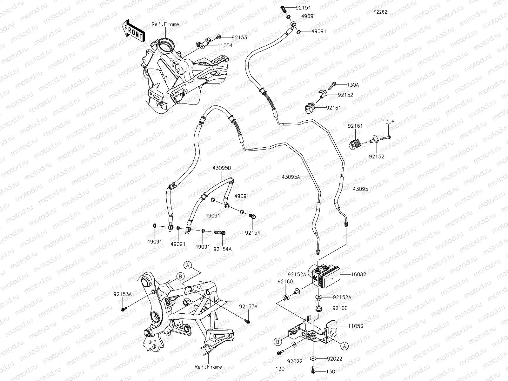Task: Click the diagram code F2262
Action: [x=380, y=12]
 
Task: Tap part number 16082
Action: [x=358, y=274]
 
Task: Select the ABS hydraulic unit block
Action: [x=325, y=275]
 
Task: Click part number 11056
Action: [x=356, y=326]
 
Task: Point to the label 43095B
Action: [x=222, y=168]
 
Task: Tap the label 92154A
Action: [x=222, y=249]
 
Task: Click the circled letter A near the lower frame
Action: [x=188, y=265]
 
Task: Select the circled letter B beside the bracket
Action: [x=277, y=342]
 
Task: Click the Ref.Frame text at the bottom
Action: [x=208, y=367]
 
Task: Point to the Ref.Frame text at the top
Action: [x=165, y=24]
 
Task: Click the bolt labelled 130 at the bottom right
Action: [x=314, y=370]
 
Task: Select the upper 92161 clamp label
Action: [x=333, y=108]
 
